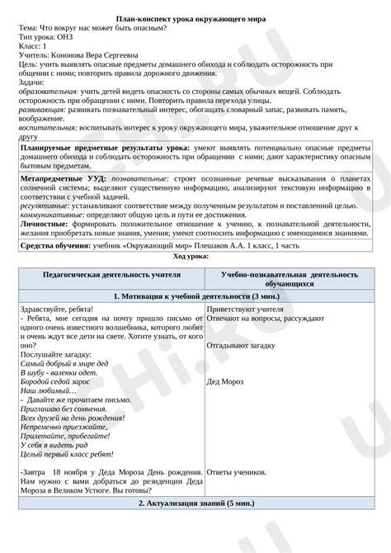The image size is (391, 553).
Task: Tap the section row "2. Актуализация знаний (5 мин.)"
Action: [195, 502]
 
